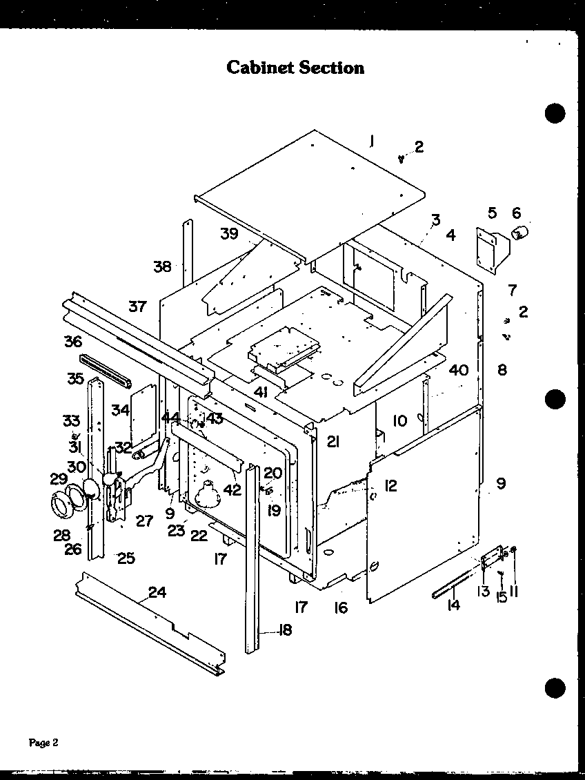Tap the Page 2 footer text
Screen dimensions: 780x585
pyautogui.click(x=43, y=743)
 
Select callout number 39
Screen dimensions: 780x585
pyautogui.click(x=229, y=234)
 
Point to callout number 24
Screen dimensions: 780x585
pyautogui.click(x=157, y=592)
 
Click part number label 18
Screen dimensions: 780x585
pyautogui.click(x=284, y=630)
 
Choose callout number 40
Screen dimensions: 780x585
pyautogui.click(x=458, y=370)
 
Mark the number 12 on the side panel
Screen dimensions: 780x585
pyautogui.click(x=391, y=486)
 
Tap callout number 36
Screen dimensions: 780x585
pyautogui.click(x=73, y=342)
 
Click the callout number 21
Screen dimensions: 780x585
pyautogui.click(x=333, y=442)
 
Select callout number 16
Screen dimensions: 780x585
pyautogui.click(x=341, y=608)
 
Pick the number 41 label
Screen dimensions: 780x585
pyautogui.click(x=260, y=393)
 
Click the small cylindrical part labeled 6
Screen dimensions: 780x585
pyautogui.click(x=519, y=232)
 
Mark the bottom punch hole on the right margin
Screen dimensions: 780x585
pyautogui.click(x=554, y=687)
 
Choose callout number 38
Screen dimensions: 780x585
pyautogui.click(x=162, y=266)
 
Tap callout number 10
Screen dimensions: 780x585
pyautogui.click(x=400, y=420)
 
